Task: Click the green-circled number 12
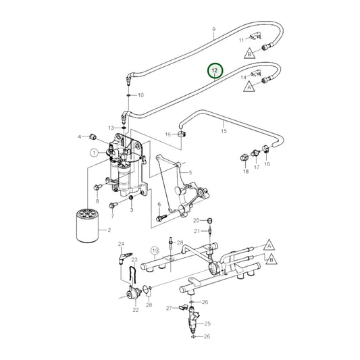(215, 70)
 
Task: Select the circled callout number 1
(93, 153)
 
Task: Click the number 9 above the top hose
(213, 29)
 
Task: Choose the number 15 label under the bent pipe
(224, 131)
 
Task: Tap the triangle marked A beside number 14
(249, 87)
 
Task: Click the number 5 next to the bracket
(191, 173)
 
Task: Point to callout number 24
(121, 244)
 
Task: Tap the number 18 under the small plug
(245, 172)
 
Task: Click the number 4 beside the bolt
(79, 137)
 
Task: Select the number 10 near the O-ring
(141, 95)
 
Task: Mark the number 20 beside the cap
(196, 221)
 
